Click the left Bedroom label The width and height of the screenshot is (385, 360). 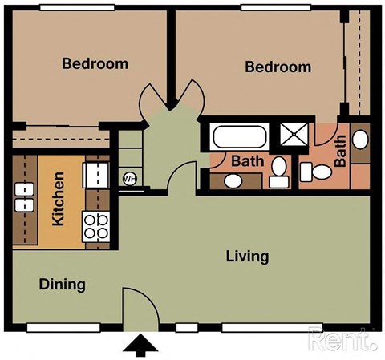click(x=95, y=63)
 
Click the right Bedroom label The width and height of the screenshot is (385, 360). click(x=278, y=67)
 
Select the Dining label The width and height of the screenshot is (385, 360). click(x=63, y=285)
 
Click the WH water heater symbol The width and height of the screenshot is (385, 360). click(x=129, y=178)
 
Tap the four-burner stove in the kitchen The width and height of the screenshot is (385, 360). click(x=97, y=227)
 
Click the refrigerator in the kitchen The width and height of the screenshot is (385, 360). click(x=96, y=172)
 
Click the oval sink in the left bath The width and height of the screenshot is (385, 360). click(x=232, y=180)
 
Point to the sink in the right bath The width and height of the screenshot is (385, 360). click(x=360, y=140)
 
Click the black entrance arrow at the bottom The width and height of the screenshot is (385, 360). click(x=140, y=346)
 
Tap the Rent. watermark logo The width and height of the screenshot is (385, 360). click(x=342, y=342)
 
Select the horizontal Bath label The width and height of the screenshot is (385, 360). click(x=247, y=161)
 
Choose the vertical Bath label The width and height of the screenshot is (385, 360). click(x=340, y=151)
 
